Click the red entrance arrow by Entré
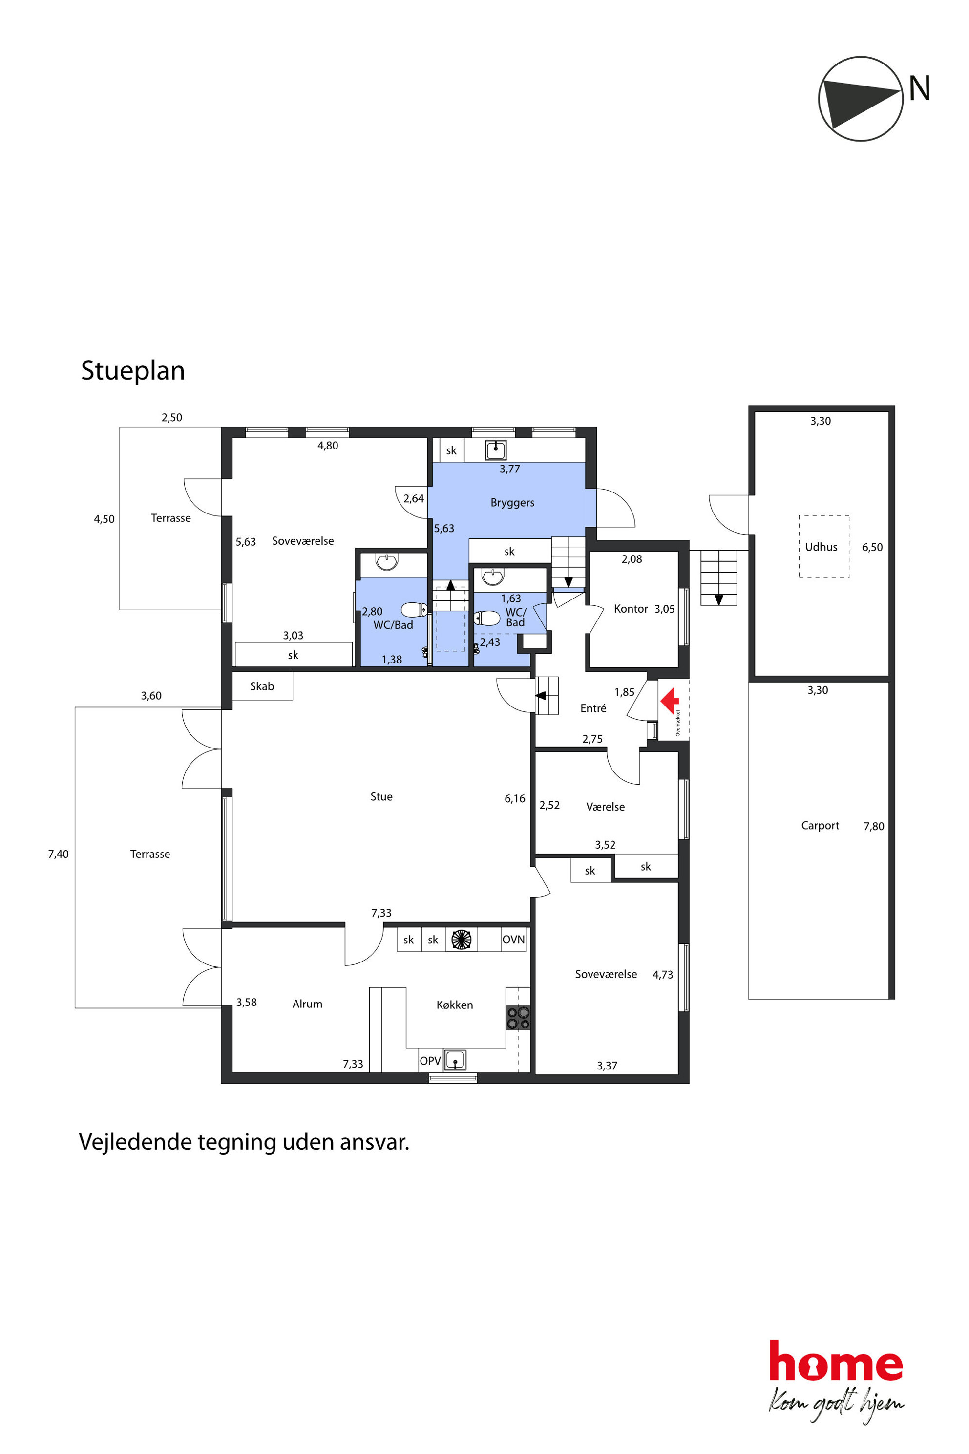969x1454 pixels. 670,701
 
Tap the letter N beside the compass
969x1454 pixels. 920,88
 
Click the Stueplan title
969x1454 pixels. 133,371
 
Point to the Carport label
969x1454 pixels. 820,826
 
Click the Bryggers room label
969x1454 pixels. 512,503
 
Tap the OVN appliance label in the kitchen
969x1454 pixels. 513,940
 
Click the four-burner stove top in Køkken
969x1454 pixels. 518,1018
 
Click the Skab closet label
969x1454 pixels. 262,686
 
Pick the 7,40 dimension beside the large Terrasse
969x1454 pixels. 59,855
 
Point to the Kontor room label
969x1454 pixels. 631,609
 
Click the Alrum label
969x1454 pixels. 307,1004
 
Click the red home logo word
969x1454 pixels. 836,1362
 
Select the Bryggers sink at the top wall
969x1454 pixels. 495,450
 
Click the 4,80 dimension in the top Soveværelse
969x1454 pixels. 328,446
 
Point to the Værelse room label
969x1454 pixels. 606,807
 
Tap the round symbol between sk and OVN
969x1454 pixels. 461,940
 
